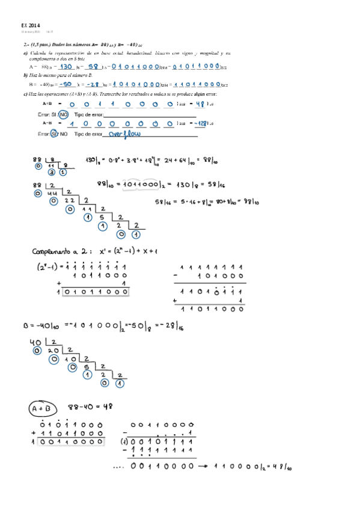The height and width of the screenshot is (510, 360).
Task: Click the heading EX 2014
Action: pos(29,25)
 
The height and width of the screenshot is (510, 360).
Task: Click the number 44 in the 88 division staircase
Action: pos(52,194)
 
